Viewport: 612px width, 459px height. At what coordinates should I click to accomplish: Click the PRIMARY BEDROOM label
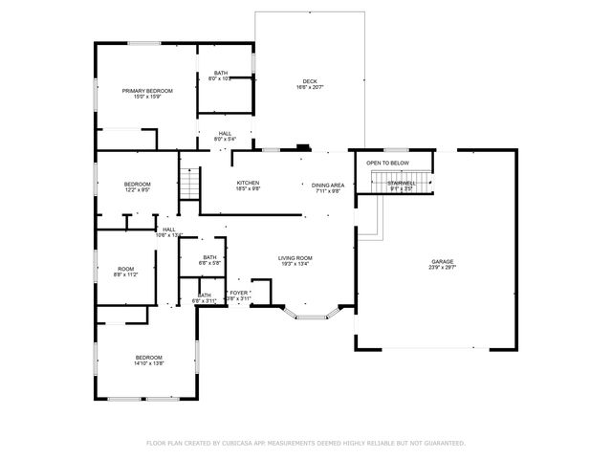(x=147, y=91)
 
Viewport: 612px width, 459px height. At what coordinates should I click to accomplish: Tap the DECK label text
(x=310, y=81)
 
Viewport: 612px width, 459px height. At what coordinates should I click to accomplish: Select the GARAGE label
(x=442, y=261)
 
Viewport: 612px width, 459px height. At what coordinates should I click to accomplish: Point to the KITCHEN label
(x=249, y=183)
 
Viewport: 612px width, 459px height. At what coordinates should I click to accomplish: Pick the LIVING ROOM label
(x=295, y=258)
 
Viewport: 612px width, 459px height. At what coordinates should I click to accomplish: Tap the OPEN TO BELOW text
(x=387, y=163)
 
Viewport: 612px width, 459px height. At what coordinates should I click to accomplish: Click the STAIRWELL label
(x=402, y=182)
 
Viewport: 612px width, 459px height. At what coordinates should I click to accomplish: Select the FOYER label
(x=239, y=293)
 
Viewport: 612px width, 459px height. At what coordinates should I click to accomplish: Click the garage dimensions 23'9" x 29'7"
(x=442, y=268)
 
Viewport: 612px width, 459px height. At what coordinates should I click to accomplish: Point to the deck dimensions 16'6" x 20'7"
(x=310, y=88)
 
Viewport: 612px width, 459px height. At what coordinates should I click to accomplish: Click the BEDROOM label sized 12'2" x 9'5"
(x=137, y=184)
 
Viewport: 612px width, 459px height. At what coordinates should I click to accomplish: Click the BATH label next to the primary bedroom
(x=221, y=73)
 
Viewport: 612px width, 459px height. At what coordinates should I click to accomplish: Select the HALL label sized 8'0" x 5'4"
(x=225, y=133)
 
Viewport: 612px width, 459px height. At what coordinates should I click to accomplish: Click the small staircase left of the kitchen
(x=188, y=182)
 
